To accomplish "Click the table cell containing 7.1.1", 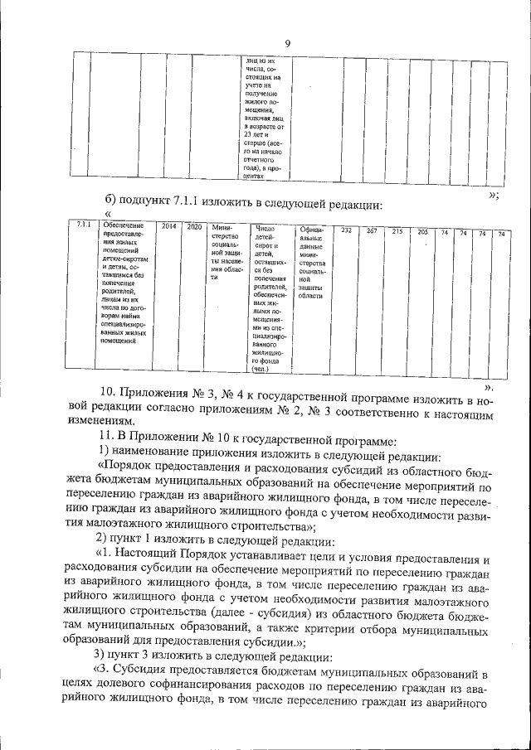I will (83, 226).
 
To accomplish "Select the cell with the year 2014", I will (168, 226).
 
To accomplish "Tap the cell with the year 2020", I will (193, 226).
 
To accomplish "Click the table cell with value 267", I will (372, 230).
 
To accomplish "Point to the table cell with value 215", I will (397, 230).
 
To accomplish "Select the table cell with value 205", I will (422, 231).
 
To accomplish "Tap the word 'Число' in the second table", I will (264, 227).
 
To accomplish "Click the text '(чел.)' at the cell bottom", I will (262, 370).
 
